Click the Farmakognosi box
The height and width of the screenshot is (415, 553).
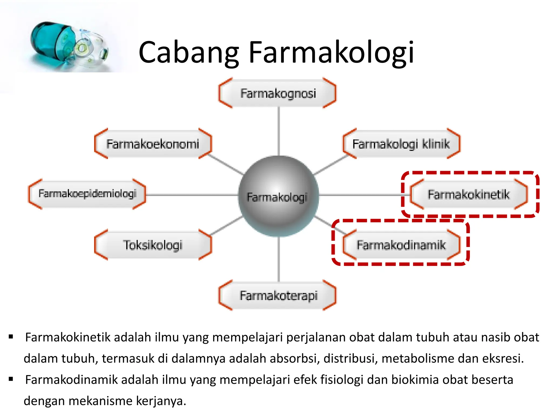pyautogui.click(x=278, y=93)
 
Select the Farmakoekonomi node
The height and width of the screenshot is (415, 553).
pyautogui.click(x=153, y=144)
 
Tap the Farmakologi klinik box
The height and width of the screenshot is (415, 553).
pyautogui.click(x=401, y=144)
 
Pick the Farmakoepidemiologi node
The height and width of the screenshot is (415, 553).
pyautogui.click(x=87, y=194)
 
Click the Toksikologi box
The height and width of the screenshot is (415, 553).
pyautogui.click(x=153, y=245)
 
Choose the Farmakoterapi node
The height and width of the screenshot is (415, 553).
pyautogui.click(x=278, y=295)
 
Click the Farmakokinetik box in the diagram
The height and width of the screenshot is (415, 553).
pyautogui.click(x=468, y=195)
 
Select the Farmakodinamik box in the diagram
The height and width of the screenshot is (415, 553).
pyautogui.click(x=401, y=245)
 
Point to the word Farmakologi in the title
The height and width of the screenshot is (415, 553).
pyautogui.click(x=331, y=52)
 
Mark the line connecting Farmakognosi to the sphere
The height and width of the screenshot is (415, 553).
pyautogui.click(x=279, y=131)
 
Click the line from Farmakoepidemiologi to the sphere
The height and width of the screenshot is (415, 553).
pyautogui.click(x=192, y=195)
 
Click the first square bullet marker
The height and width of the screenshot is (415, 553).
pyautogui.click(x=11, y=337)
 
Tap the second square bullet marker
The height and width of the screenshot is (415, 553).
pyautogui.click(x=11, y=379)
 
